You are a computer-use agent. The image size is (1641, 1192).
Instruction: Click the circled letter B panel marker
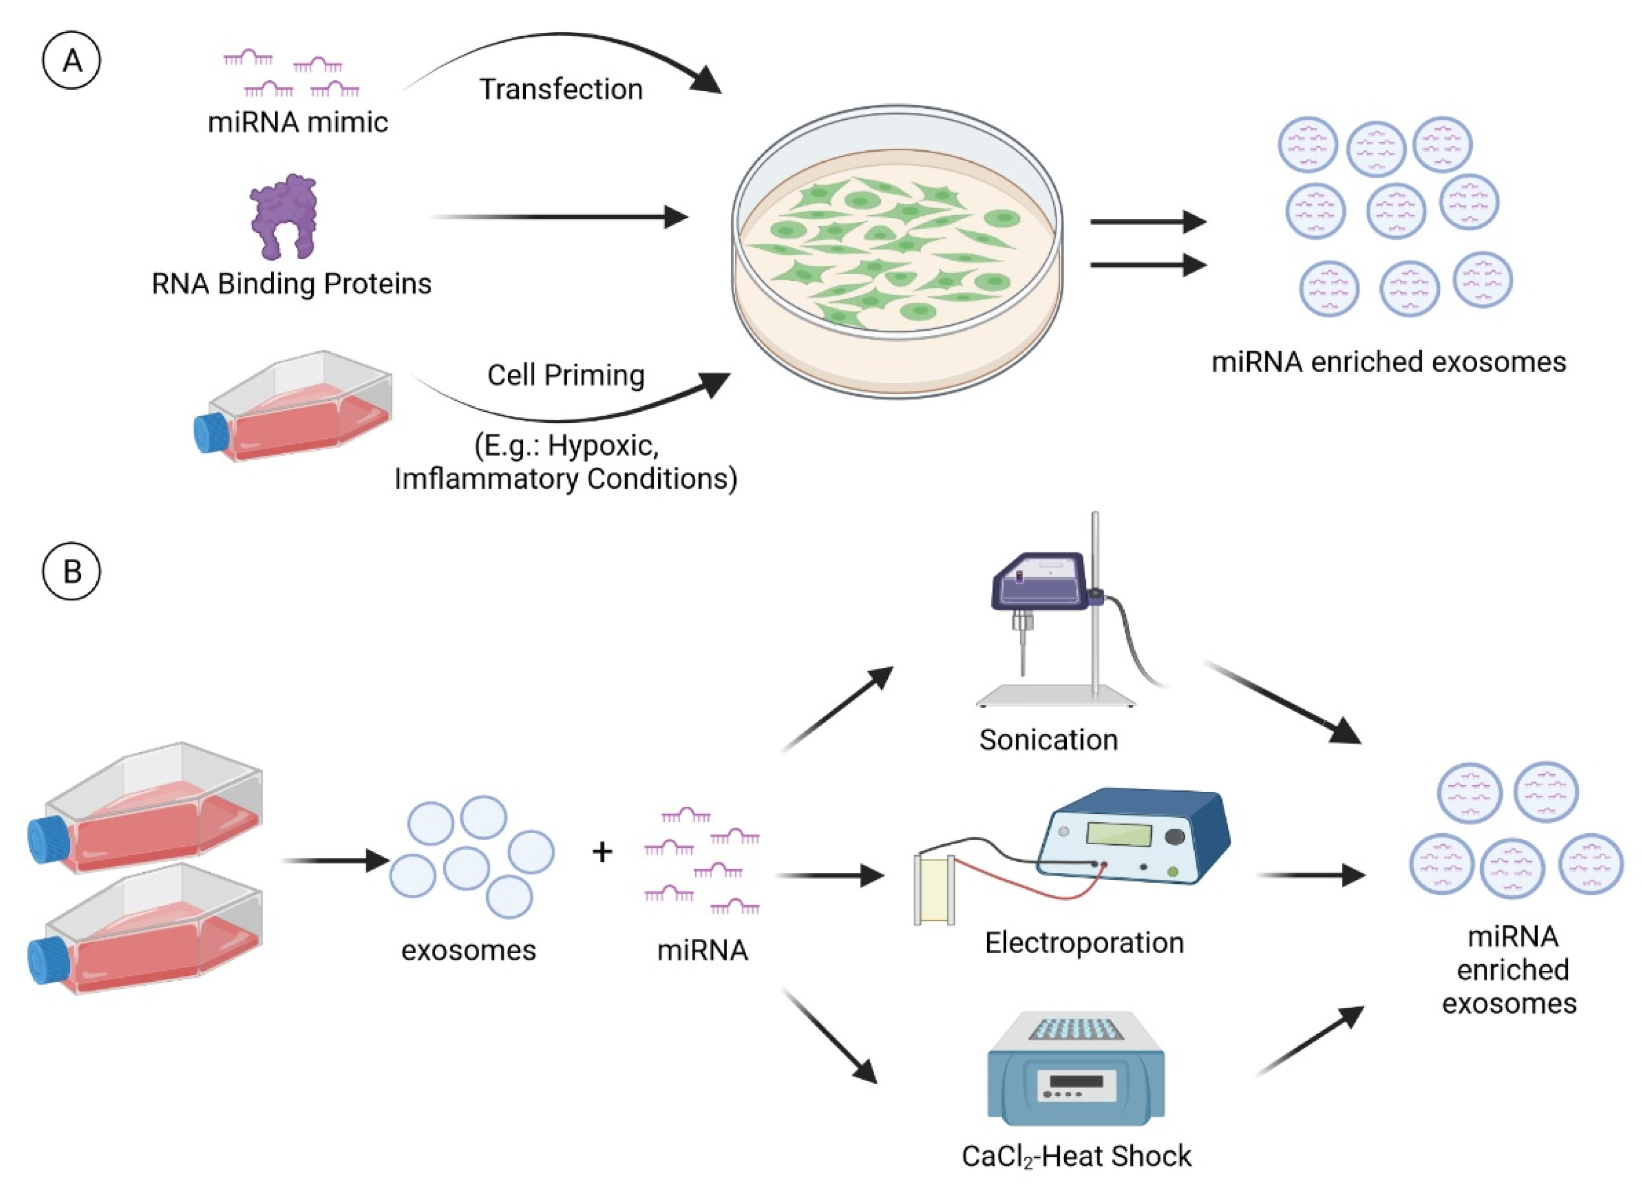[72, 572]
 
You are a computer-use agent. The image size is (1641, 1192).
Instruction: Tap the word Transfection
[561, 90]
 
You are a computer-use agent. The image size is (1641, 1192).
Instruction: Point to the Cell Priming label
[565, 375]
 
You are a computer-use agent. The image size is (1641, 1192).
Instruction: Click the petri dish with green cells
[897, 249]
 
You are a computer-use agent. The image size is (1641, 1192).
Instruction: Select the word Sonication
[1049, 740]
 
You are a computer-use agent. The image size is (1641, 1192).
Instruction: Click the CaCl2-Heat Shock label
[1076, 1156]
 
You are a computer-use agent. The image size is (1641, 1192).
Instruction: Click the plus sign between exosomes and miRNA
[602, 852]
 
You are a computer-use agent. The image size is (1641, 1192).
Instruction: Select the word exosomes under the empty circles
[469, 950]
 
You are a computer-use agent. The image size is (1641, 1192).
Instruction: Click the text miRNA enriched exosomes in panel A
[1388, 362]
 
